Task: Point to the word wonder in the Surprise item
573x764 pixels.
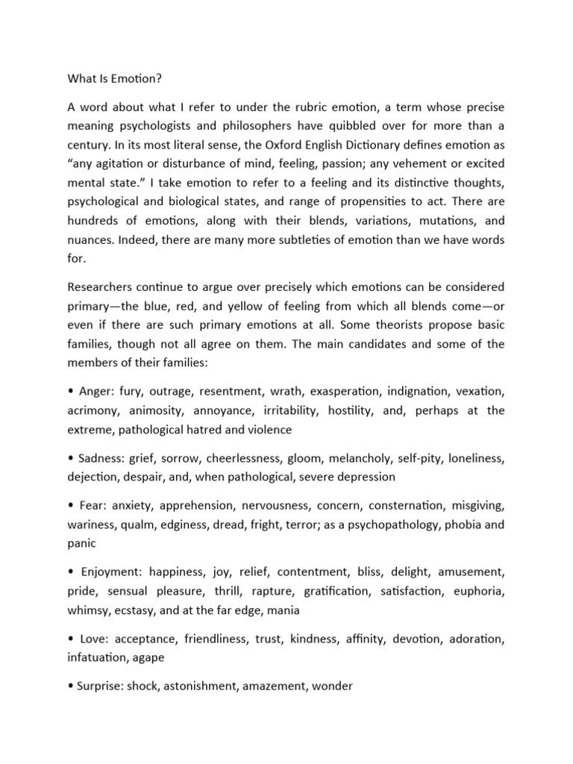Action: pyautogui.click(x=332, y=687)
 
